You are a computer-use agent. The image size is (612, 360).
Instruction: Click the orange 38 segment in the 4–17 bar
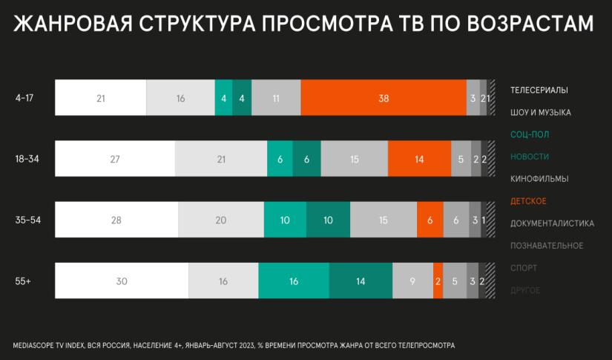click(384, 97)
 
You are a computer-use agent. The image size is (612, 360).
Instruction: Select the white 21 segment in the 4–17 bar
click(101, 97)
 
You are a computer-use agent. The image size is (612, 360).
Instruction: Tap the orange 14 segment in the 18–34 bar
click(419, 158)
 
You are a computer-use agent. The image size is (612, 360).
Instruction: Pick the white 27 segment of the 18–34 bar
click(115, 158)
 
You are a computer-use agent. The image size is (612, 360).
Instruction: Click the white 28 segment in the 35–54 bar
click(116, 220)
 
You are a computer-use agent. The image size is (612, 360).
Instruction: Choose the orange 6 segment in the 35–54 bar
click(430, 220)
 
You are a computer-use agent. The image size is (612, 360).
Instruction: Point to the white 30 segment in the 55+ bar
click(122, 281)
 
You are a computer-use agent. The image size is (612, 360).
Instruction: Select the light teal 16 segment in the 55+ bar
click(294, 281)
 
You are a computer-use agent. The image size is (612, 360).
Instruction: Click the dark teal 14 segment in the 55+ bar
click(361, 281)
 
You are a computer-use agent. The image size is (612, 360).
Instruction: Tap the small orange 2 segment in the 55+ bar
click(438, 281)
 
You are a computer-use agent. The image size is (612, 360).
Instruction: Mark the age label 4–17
click(24, 97)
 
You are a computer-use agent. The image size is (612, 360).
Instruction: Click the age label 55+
click(23, 281)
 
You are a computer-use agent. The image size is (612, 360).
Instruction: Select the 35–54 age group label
click(27, 220)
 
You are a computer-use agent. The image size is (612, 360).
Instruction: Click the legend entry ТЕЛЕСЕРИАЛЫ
click(539, 90)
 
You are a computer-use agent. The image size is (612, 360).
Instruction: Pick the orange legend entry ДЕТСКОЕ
click(529, 201)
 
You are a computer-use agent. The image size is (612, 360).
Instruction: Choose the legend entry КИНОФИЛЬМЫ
click(539, 179)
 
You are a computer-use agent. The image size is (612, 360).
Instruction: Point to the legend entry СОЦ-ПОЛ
click(530, 134)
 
